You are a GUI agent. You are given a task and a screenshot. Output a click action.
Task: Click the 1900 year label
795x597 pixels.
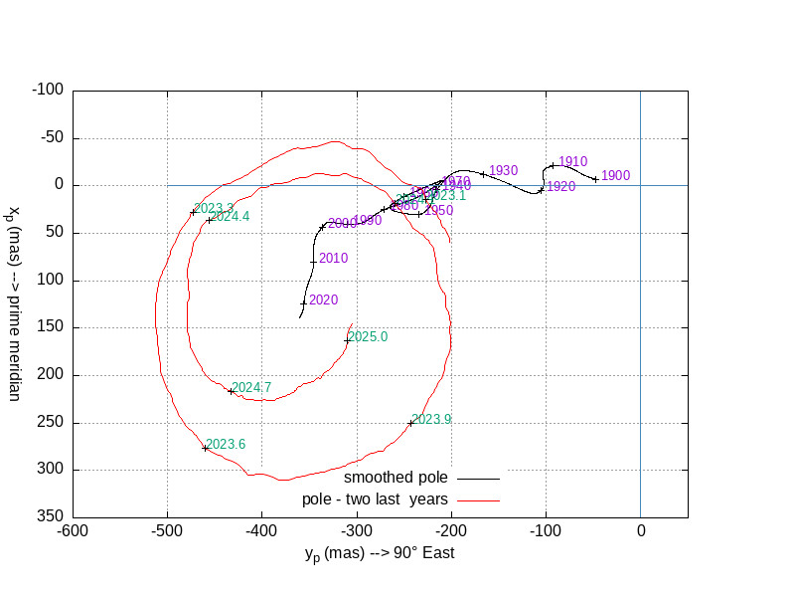tap(615, 176)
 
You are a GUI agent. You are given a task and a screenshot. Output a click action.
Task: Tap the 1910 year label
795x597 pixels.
tap(572, 162)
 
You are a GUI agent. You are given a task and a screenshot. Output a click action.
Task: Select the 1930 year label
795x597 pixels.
tap(504, 171)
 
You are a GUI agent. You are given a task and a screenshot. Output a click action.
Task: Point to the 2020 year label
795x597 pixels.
tap(323, 299)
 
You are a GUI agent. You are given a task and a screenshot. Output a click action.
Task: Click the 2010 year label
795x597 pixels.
tap(333, 259)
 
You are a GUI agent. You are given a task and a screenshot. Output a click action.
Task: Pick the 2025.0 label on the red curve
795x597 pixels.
tap(368, 337)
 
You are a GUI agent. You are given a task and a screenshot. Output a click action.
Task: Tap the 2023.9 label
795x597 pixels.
tap(431, 420)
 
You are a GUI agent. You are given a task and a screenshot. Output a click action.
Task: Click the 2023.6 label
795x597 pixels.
tap(226, 445)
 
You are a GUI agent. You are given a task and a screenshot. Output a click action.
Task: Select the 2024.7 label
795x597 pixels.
tap(251, 388)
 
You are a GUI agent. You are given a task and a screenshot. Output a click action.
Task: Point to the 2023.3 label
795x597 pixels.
tap(214, 208)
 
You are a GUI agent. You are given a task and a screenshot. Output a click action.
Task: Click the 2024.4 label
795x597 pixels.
tap(230, 216)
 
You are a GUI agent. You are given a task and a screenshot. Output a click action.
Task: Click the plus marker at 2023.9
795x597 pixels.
tap(410, 423)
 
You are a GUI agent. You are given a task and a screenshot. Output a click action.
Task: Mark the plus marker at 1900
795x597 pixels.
tap(595, 179)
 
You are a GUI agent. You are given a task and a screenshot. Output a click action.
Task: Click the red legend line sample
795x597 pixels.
tap(479, 498)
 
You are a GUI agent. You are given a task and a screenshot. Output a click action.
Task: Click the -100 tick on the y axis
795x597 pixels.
tap(48, 91)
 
